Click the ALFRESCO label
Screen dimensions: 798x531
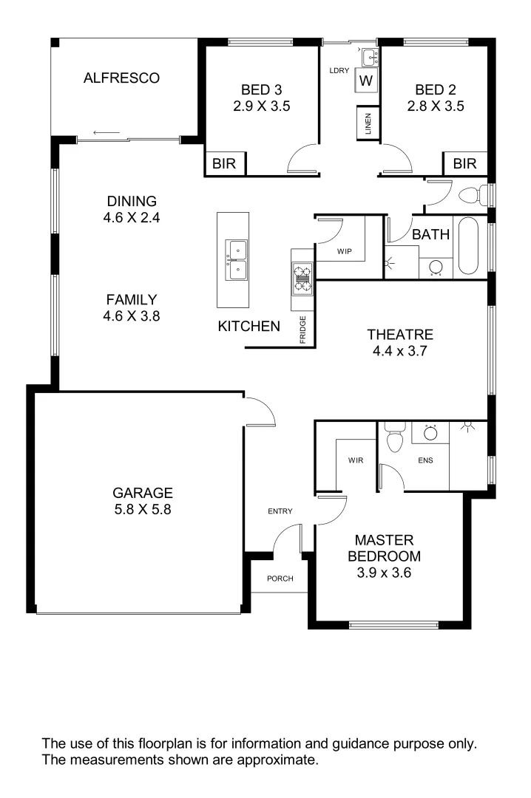coord(121,78)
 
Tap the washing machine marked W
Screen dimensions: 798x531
coord(366,80)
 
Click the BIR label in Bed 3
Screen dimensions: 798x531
coord(224,164)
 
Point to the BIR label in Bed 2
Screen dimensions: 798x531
coord(465,164)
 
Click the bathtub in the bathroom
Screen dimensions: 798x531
coord(470,246)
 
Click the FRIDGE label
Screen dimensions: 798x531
coord(303,330)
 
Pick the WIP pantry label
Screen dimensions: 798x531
coord(344,251)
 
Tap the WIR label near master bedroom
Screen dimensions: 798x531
coord(356,460)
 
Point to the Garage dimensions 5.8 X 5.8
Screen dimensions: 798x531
coord(143,509)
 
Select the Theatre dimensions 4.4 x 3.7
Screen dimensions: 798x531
coord(403,352)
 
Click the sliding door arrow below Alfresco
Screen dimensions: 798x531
coord(107,134)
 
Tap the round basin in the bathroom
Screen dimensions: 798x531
coord(436,267)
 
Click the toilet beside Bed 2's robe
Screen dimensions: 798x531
coord(474,196)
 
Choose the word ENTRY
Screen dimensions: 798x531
coord(280,511)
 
